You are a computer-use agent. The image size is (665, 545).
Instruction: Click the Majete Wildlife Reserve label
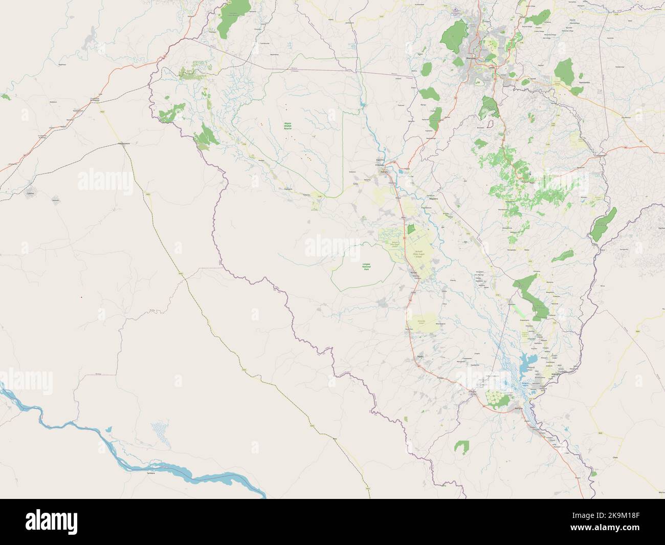(x=287, y=126)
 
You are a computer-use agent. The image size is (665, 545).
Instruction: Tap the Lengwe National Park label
(x=366, y=266)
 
